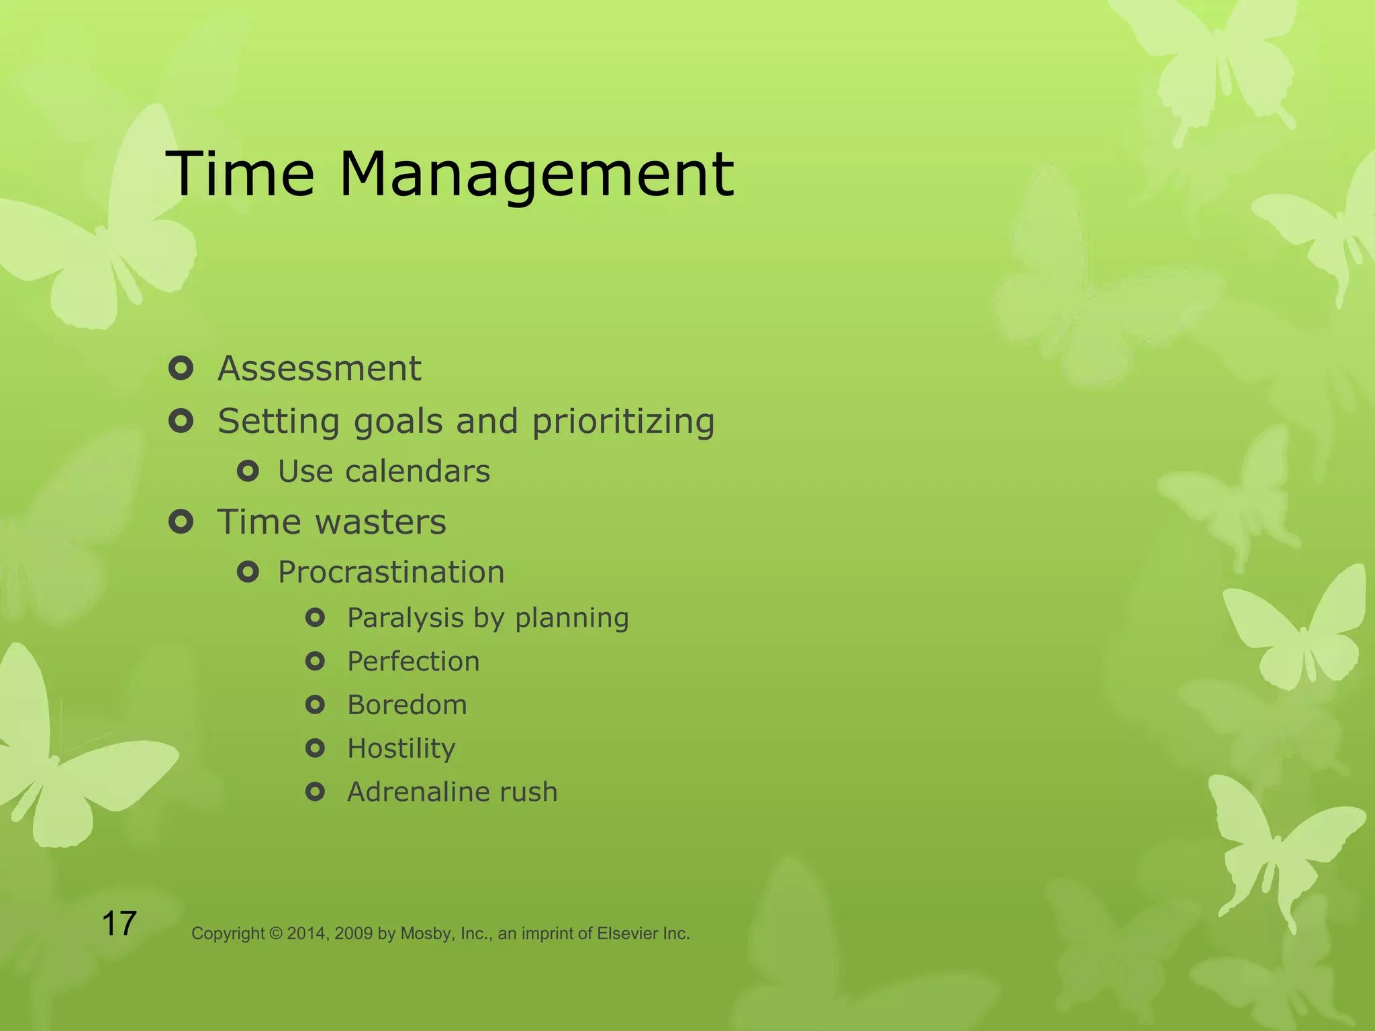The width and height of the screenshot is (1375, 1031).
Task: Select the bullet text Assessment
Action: [x=319, y=369]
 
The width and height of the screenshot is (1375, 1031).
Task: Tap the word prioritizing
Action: [x=623, y=422]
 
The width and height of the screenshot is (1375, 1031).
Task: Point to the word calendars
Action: [x=417, y=471]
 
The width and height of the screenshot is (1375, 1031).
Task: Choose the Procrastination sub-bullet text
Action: [x=391, y=573]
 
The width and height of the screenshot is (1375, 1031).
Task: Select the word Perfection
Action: [x=413, y=662]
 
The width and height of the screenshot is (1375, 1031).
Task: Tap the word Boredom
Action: [x=406, y=705]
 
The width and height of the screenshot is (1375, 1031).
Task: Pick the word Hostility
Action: [x=401, y=749]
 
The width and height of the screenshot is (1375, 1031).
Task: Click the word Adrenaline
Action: [x=415, y=792]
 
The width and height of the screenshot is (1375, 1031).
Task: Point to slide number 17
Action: [x=119, y=924]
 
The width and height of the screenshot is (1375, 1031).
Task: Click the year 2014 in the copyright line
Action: [x=307, y=934]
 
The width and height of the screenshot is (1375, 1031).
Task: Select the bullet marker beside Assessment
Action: [x=181, y=369]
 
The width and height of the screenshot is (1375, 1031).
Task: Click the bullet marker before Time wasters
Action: [x=181, y=522]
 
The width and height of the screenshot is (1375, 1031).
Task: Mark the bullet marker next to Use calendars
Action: [x=248, y=472]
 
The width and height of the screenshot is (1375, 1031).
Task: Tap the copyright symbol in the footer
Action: [x=276, y=934]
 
